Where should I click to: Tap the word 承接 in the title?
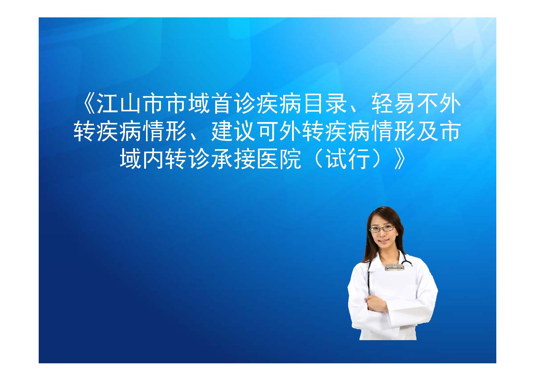tap(233, 160)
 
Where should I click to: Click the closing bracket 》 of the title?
tap(401, 160)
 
